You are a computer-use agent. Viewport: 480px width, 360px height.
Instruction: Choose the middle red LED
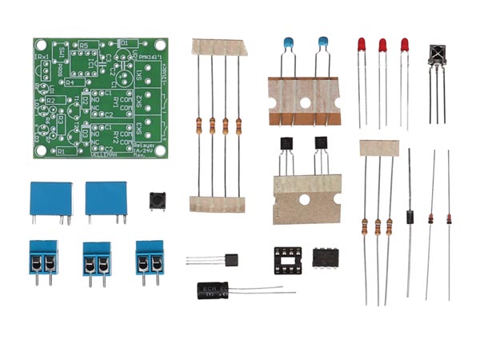(382, 46)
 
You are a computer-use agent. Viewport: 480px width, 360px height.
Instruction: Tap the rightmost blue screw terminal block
(150, 256)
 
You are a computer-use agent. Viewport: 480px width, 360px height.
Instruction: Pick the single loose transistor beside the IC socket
(232, 261)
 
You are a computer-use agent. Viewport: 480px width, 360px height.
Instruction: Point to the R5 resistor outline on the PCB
(82, 47)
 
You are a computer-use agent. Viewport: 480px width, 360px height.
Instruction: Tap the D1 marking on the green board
(124, 43)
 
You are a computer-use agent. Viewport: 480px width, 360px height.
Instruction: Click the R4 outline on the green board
(70, 82)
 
